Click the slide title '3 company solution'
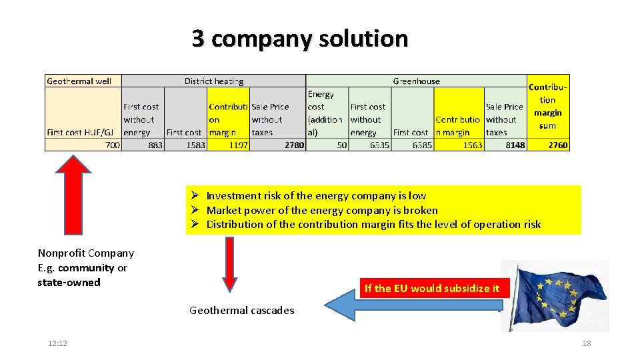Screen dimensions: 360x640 click(x=299, y=39)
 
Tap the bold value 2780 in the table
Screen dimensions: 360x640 click(x=294, y=145)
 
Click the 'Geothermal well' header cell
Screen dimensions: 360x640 click(x=79, y=81)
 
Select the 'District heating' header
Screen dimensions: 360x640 click(x=214, y=81)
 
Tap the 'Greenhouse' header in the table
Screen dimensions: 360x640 click(x=416, y=81)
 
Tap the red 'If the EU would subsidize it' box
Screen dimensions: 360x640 click(x=431, y=288)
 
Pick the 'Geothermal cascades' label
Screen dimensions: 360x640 click(x=241, y=310)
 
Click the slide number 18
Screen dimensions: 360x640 click(x=587, y=343)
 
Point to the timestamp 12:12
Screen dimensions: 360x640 click(x=57, y=343)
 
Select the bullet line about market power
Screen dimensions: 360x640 click(x=322, y=210)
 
